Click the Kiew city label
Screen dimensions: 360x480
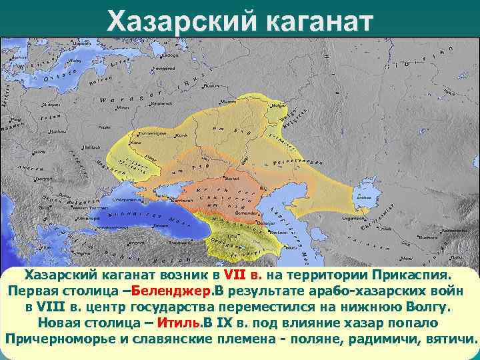point(137,142)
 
